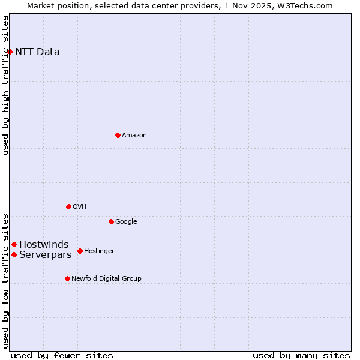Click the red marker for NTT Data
(x=10, y=52)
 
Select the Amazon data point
(x=118, y=135)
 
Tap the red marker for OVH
(x=68, y=206)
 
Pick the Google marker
(x=111, y=221)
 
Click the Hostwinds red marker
(x=14, y=244)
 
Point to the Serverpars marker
(x=14, y=254)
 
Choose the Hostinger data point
(x=80, y=251)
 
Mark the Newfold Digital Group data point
(x=67, y=278)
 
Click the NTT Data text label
(x=37, y=52)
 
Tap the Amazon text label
(x=134, y=135)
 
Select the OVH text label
(x=80, y=206)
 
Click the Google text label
(x=126, y=221)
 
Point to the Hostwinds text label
(x=44, y=244)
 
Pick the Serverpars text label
(x=46, y=254)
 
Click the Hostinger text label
(x=99, y=251)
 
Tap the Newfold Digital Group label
(x=106, y=278)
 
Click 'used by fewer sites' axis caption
(x=62, y=355)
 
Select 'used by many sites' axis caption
(x=301, y=355)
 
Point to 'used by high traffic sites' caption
(x=5, y=85)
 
